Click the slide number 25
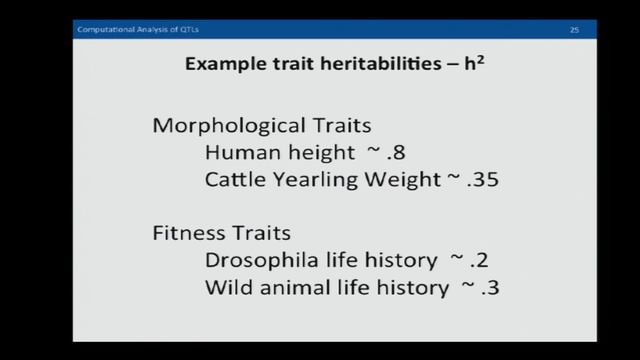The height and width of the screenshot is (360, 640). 575,31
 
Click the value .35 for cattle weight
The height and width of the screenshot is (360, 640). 480,181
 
